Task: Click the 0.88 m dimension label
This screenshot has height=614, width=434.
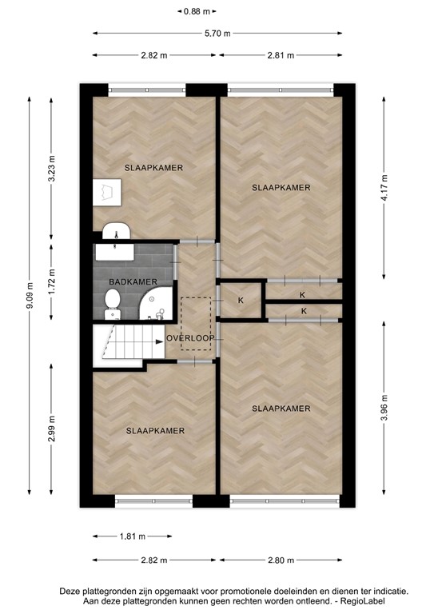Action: (197, 11)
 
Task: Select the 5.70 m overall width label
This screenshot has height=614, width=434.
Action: (217, 34)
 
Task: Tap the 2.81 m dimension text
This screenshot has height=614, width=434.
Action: (281, 55)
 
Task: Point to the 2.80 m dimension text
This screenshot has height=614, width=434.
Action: (281, 560)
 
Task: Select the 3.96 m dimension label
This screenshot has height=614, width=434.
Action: (384, 409)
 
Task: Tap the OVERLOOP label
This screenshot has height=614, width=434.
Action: (190, 339)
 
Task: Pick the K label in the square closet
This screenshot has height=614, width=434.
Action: (241, 301)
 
